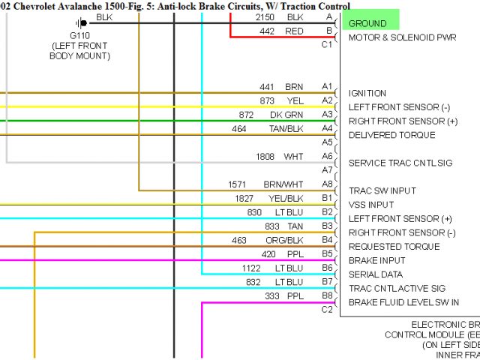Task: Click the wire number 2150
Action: pos(265,16)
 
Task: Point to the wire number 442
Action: pos(267,31)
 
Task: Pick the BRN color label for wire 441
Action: pos(294,86)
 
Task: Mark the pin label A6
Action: pos(327,156)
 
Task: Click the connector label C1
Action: pos(327,44)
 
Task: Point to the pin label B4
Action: pos(327,239)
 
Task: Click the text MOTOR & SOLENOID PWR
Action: pos(402,37)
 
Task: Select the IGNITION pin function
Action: pos(367,93)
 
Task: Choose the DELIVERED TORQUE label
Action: pos(391,135)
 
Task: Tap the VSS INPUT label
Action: pos(371,205)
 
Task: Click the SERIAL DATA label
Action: pos(375,274)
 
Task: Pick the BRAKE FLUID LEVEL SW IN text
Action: pos(403,302)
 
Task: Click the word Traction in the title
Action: pos(285,6)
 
